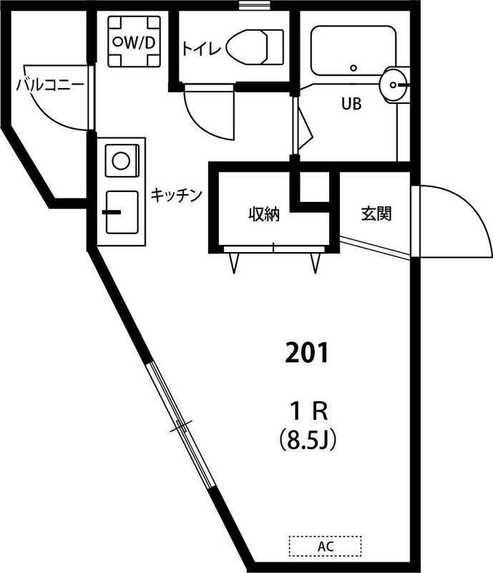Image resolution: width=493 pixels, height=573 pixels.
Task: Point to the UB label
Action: (351, 104)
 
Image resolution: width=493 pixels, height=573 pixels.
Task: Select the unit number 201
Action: (306, 352)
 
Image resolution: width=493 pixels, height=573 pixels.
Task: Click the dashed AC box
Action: (326, 546)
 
